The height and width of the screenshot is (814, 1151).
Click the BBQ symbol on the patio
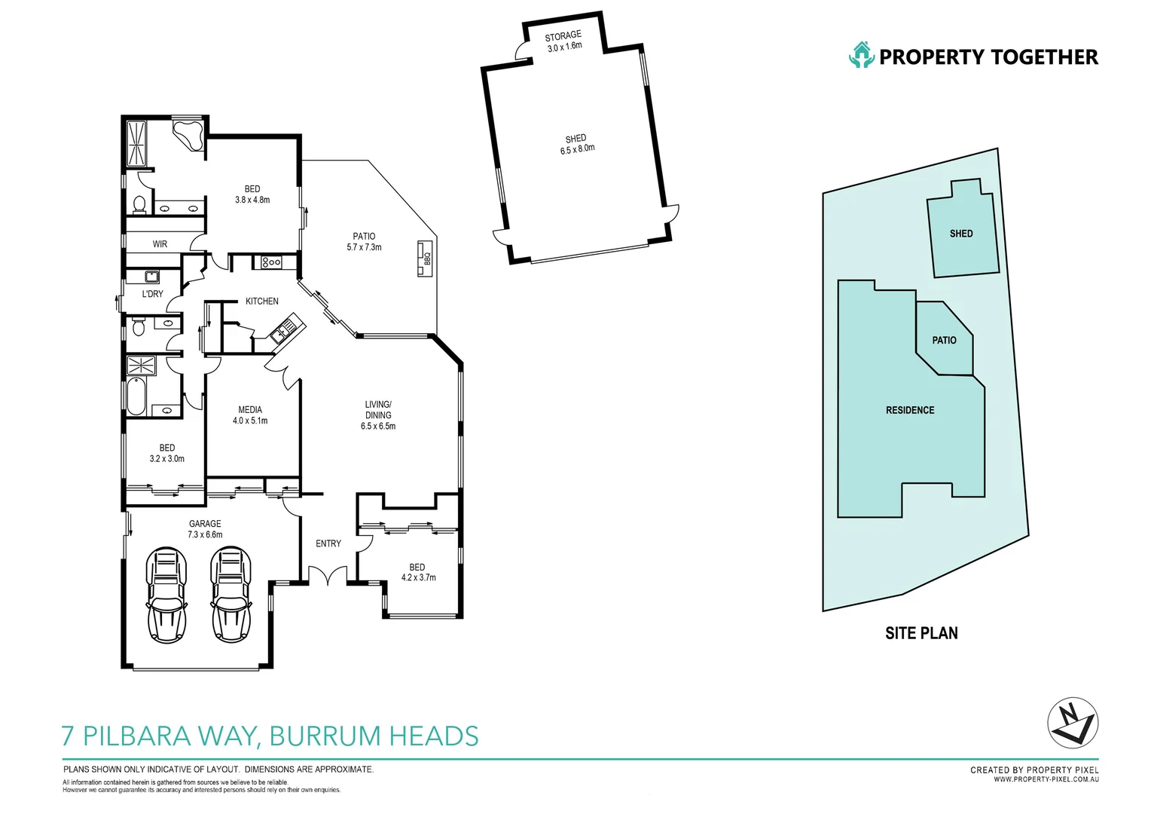426,258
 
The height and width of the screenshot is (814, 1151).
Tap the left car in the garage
166,595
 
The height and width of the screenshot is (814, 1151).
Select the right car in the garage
231,595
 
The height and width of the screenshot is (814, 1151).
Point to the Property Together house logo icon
861,56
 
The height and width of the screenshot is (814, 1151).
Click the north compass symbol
1073,723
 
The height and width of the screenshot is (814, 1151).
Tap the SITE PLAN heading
921,633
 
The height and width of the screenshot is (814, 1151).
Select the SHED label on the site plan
961,234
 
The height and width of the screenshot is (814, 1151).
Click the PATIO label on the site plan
944,341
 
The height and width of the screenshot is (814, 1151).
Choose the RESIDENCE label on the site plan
910,410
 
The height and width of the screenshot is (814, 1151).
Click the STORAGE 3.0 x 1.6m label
563,41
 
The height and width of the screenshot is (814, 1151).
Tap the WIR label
160,244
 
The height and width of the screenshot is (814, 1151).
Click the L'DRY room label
152,294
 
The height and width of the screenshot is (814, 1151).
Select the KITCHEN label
262,301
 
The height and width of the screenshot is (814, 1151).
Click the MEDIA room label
250,410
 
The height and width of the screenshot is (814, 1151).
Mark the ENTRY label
328,543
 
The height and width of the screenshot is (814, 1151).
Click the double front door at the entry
328,577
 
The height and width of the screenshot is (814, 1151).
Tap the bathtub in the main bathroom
136,396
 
